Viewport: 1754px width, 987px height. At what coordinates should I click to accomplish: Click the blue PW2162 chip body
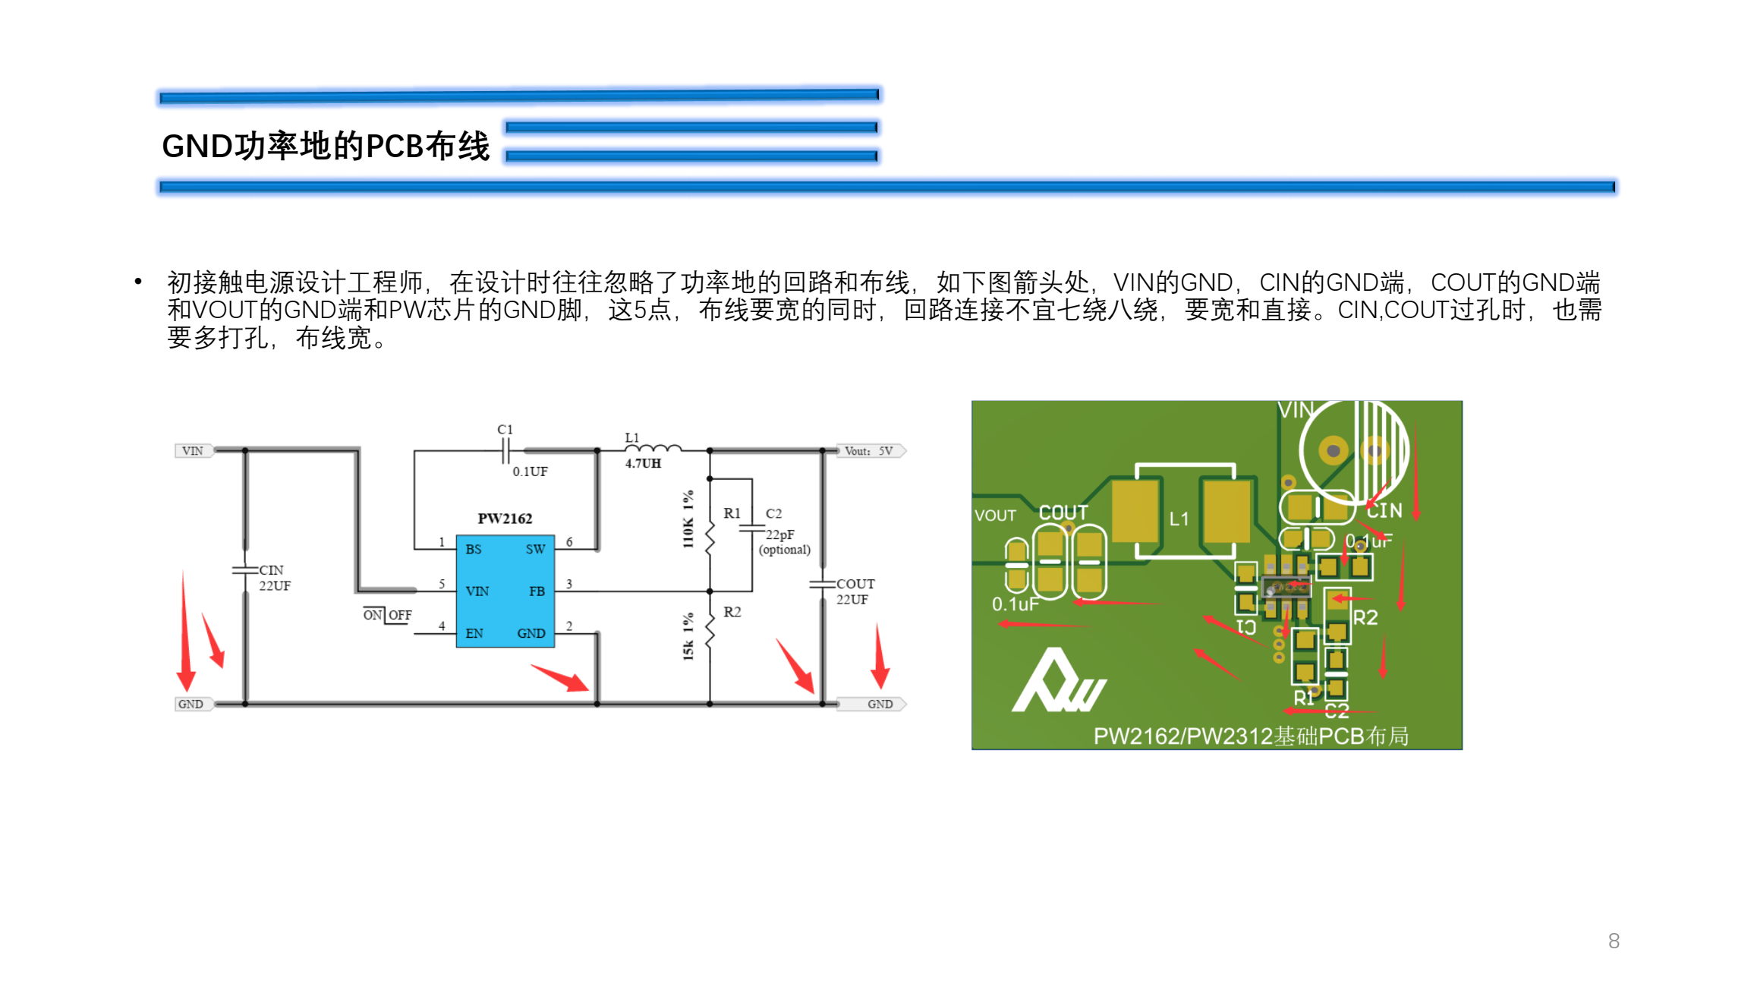(x=505, y=591)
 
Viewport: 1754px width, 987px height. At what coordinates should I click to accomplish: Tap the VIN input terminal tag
(x=193, y=451)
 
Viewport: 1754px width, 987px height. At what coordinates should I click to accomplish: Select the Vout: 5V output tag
(x=870, y=451)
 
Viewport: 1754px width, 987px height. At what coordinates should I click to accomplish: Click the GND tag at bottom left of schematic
(x=191, y=704)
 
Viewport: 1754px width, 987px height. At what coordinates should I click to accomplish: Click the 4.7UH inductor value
(x=643, y=463)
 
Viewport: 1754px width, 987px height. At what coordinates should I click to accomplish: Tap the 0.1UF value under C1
(x=530, y=471)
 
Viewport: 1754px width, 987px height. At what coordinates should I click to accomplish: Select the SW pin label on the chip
(x=535, y=549)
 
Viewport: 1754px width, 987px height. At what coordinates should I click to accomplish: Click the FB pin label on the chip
(x=537, y=591)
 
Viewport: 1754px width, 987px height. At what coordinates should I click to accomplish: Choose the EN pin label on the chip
(x=474, y=633)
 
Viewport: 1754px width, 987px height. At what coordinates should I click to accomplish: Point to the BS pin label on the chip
(x=474, y=549)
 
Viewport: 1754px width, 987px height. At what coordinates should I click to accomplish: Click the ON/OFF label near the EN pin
(x=387, y=615)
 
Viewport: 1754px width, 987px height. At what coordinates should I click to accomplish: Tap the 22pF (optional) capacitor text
(x=784, y=542)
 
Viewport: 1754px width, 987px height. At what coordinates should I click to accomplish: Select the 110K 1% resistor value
(x=688, y=519)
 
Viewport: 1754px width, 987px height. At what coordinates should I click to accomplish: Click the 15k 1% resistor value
(x=688, y=636)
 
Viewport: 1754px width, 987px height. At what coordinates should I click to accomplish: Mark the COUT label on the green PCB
(x=1063, y=513)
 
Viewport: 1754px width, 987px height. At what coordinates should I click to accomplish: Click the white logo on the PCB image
(x=1058, y=683)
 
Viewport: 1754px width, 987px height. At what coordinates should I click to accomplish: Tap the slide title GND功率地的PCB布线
(x=326, y=146)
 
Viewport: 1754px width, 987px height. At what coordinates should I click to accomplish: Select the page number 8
(x=1614, y=941)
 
